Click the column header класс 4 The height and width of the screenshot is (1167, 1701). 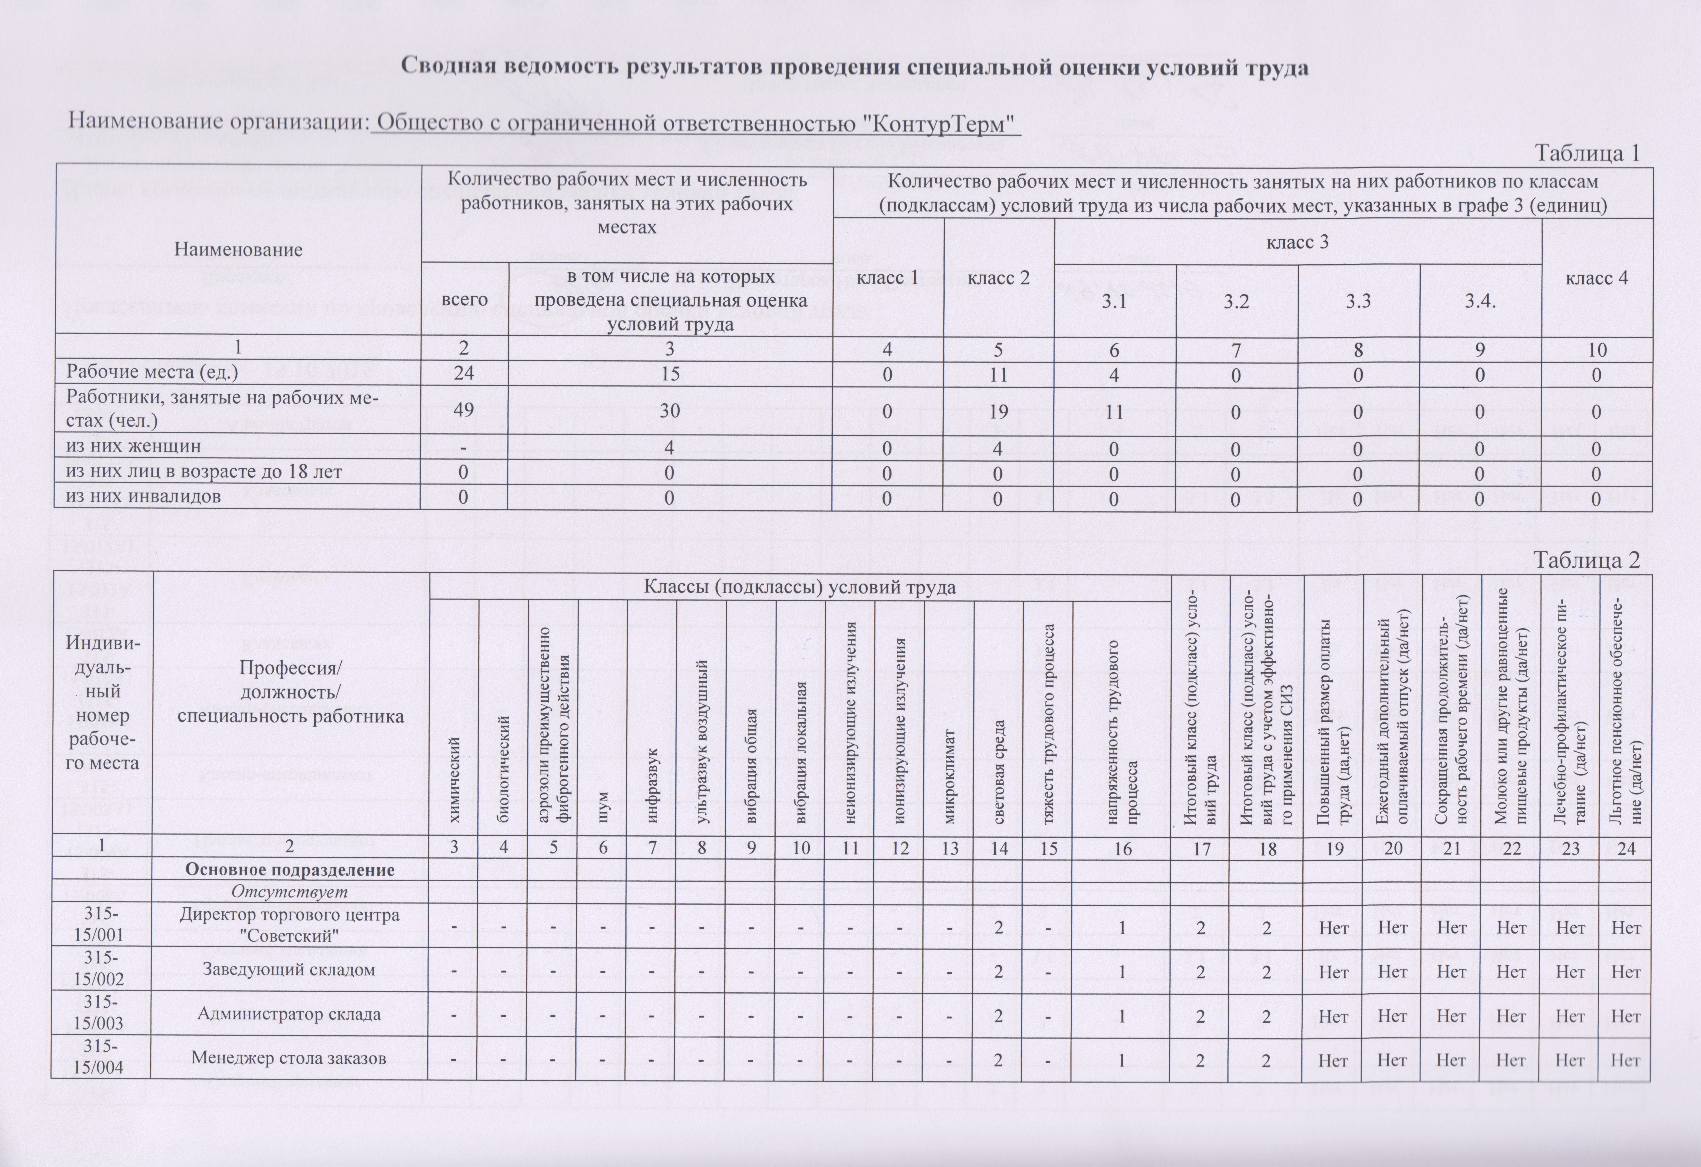pyautogui.click(x=1596, y=278)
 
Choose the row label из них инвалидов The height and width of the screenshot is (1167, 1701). pyautogui.click(x=144, y=496)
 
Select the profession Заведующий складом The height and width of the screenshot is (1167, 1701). pyautogui.click(x=288, y=970)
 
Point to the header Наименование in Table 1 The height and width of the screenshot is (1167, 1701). pyautogui.click(x=238, y=250)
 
